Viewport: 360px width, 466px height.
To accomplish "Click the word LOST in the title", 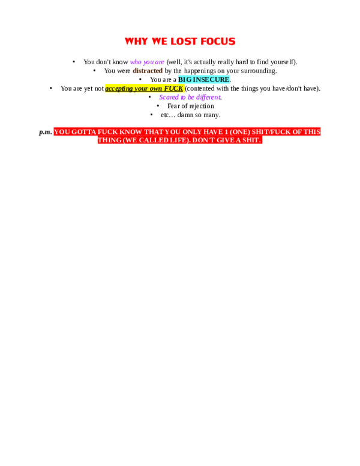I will pyautogui.click(x=184, y=41).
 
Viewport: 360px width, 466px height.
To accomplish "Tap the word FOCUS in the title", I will pyautogui.click(x=218, y=41).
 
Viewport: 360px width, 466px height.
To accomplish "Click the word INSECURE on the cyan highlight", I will pyautogui.click(x=211, y=79).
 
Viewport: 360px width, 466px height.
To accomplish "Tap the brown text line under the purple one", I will pyautogui.click(x=148, y=70).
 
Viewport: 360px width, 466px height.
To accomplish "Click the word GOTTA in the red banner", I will pyautogui.click(x=83, y=132).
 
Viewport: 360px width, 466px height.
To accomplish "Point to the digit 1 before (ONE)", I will pyautogui.click(x=226, y=132).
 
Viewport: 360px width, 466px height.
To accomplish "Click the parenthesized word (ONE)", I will pyautogui.click(x=240, y=132).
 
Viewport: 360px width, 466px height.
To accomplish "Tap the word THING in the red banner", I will pyautogui.click(x=109, y=140).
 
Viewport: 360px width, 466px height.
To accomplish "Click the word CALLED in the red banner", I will pyautogui.click(x=152, y=140).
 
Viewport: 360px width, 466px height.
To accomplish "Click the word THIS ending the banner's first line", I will pyautogui.click(x=311, y=132).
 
